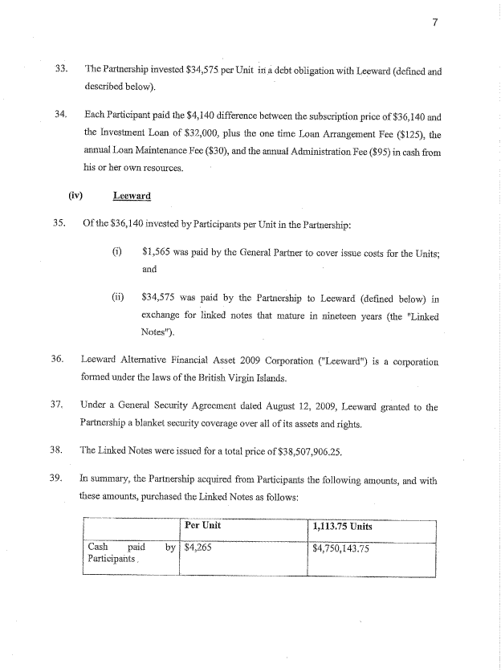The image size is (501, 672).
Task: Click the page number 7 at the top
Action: (x=434, y=22)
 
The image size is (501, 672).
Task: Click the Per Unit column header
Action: (x=202, y=527)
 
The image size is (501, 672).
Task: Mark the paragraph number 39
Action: (x=57, y=479)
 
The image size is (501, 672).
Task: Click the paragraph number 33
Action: (x=59, y=69)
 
